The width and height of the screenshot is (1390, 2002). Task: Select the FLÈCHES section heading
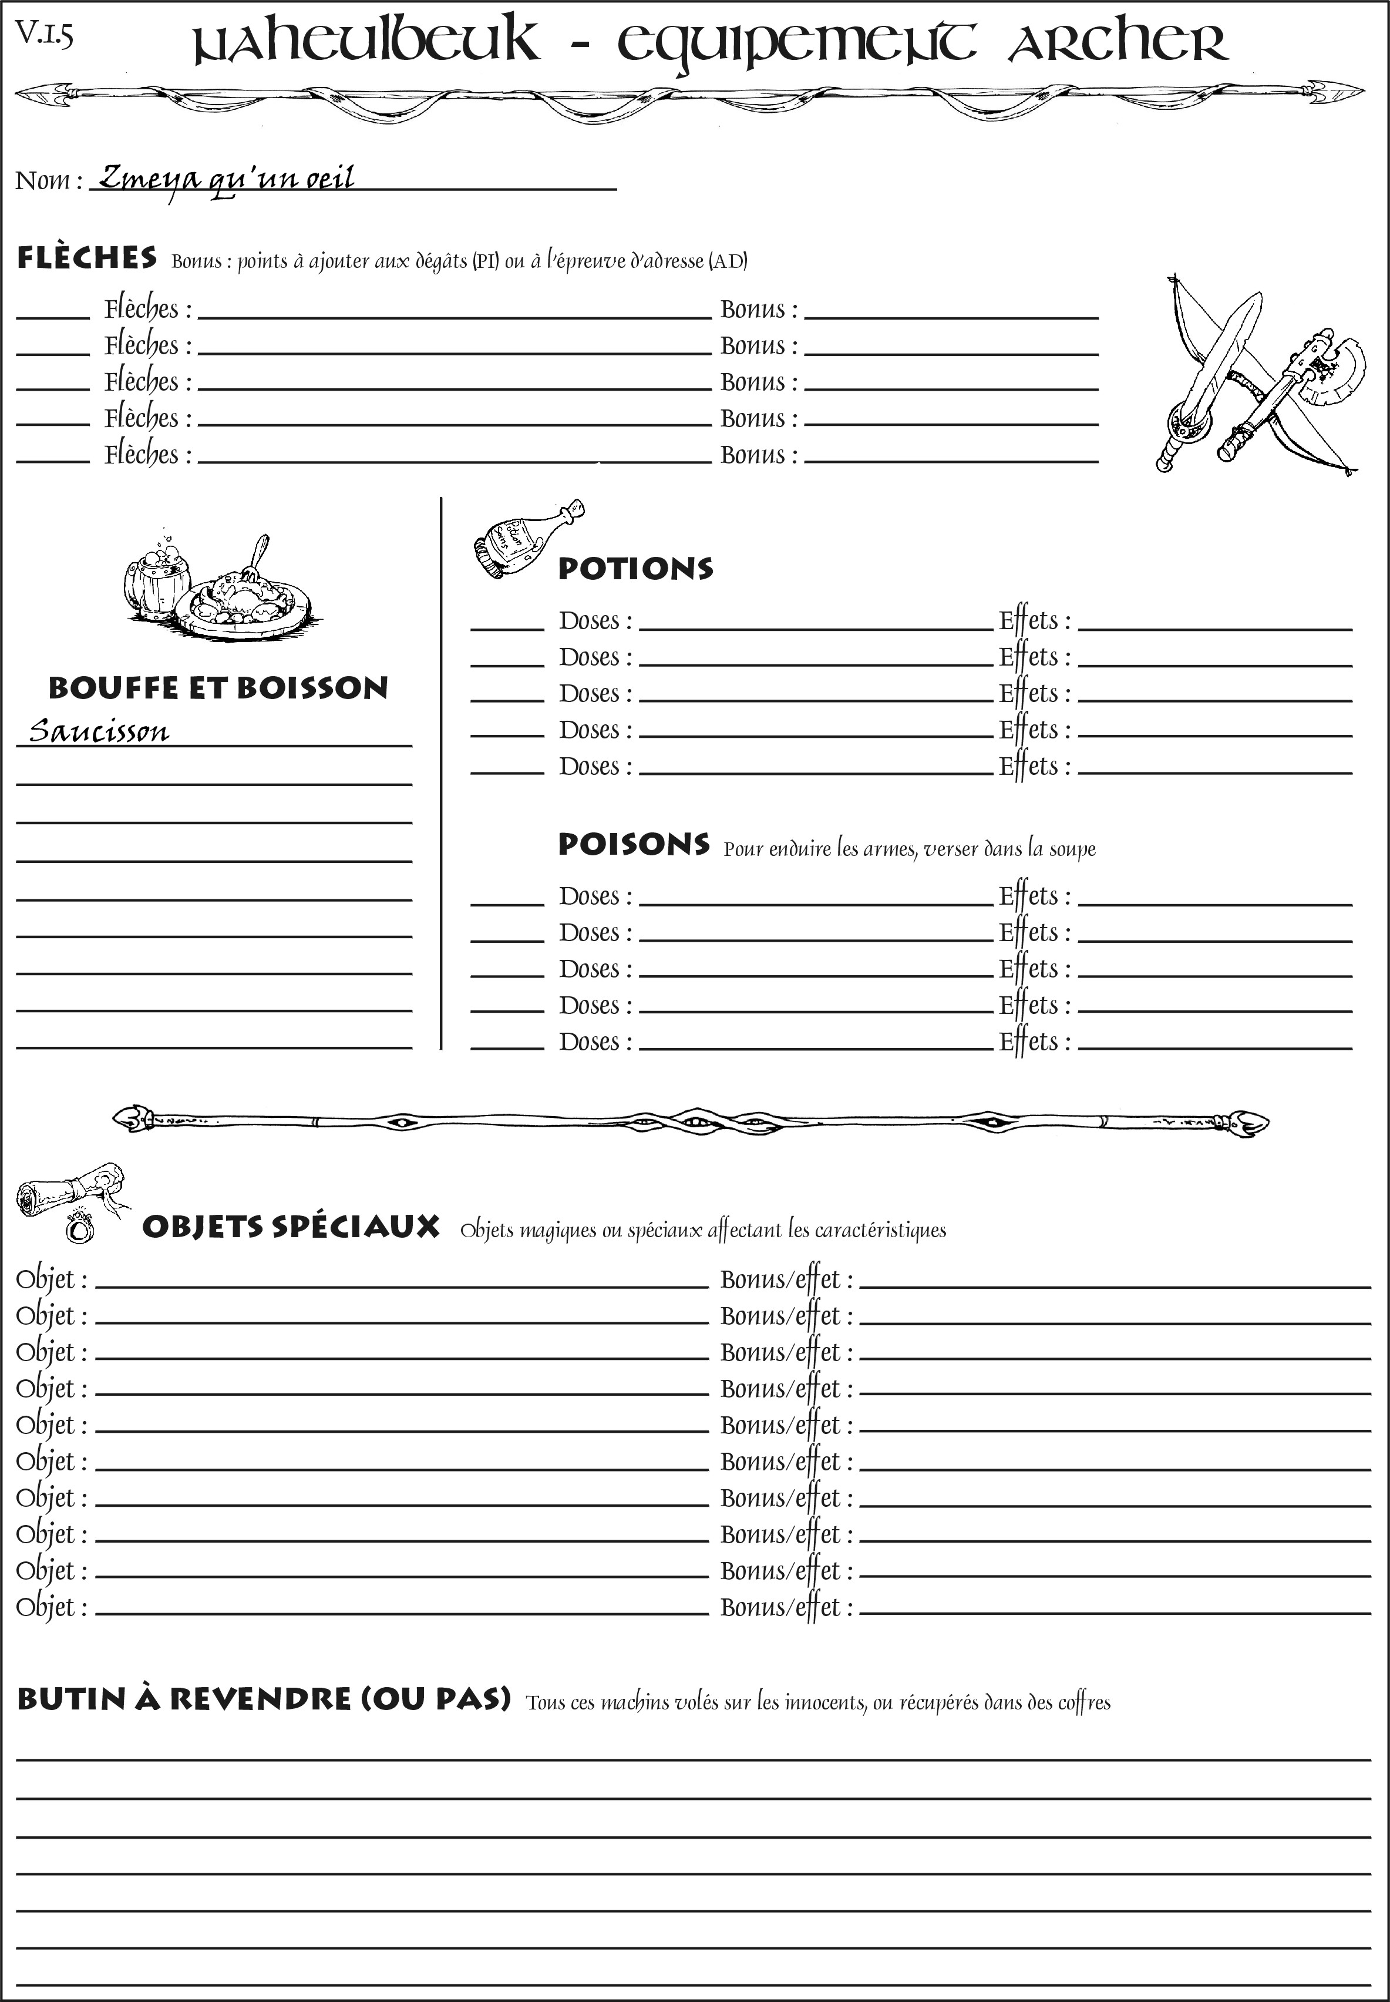pos(87,258)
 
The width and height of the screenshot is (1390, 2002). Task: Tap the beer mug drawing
pos(157,579)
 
